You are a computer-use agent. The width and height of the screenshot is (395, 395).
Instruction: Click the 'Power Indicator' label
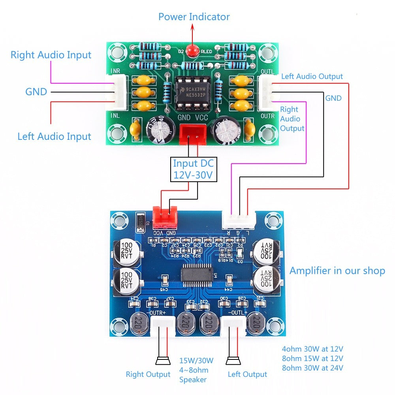tap(194, 17)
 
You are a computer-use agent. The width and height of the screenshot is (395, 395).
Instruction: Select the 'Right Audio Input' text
tap(51, 55)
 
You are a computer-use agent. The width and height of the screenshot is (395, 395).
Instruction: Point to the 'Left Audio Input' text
tap(54, 137)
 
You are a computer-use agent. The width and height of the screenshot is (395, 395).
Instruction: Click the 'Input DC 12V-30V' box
tap(194, 169)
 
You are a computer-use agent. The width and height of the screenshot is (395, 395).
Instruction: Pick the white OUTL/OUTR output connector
tap(266, 92)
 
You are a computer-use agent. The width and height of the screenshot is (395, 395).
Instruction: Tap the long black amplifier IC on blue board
tap(197, 275)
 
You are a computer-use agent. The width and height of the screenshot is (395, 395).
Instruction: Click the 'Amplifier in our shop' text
tap(337, 271)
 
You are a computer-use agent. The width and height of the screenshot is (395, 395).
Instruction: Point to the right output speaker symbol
tap(162, 361)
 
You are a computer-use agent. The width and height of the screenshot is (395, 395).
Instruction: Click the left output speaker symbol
tap(233, 361)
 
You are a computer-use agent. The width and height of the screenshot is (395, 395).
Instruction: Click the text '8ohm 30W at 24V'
tap(312, 368)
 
